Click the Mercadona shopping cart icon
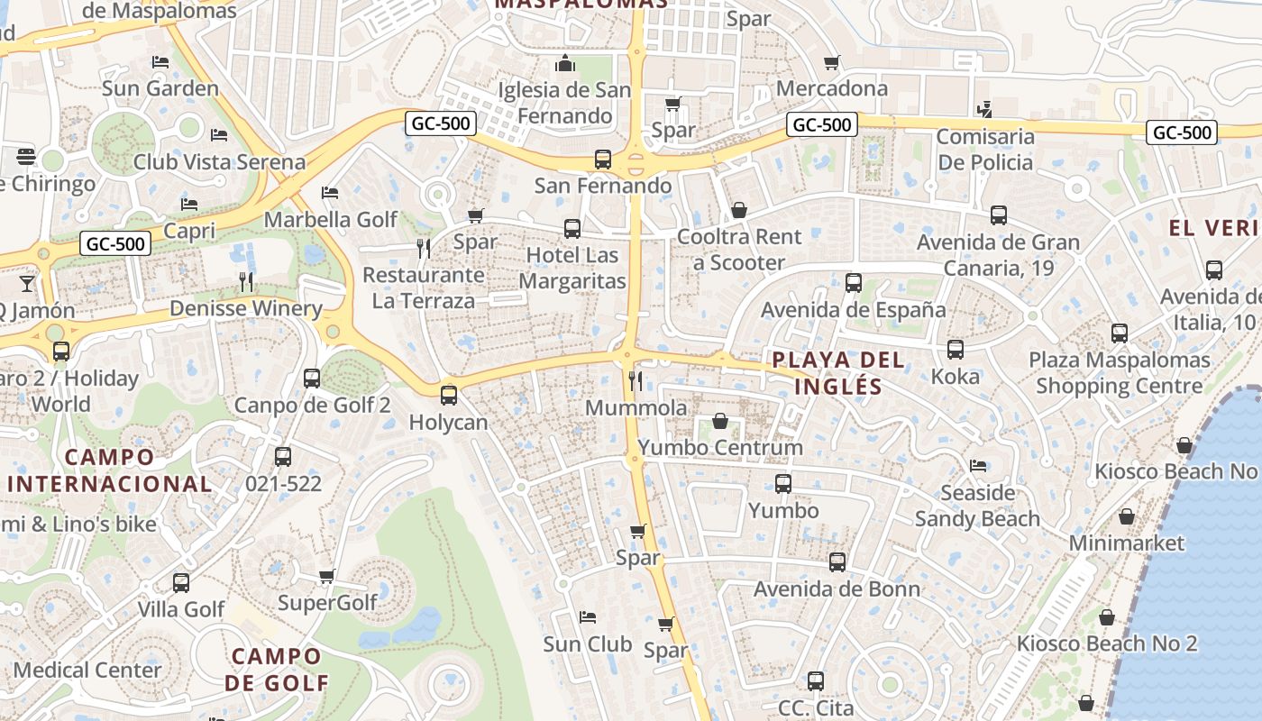831,62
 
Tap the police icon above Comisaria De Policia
984,110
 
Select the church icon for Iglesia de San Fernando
565,62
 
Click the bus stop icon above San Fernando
603,160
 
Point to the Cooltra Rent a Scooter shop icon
739,210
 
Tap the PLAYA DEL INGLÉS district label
839,373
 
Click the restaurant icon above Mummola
636,380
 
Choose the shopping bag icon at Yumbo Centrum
720,420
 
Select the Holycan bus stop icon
448,395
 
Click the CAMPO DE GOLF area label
276,669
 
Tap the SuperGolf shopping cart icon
326,576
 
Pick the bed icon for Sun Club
587,617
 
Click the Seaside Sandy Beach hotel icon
977,466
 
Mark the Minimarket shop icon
1126,516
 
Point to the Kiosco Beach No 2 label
1107,643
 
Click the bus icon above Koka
956,349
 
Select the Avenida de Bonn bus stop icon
837,562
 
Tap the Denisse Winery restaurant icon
246,282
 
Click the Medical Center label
87,670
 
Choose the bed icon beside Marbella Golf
330,193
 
